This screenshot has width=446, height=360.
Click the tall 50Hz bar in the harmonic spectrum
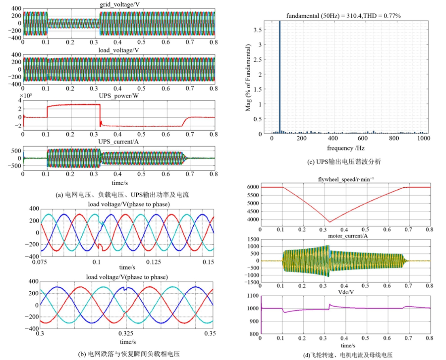pos(279,77)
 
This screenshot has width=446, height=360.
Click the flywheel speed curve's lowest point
pos(330,222)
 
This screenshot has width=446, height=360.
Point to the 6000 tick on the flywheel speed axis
pos(253,187)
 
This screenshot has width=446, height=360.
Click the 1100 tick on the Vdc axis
pos(253,296)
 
